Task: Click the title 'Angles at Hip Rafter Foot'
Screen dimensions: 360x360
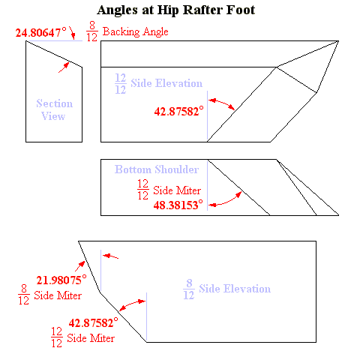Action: click(x=176, y=10)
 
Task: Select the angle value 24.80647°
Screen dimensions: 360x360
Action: click(x=41, y=32)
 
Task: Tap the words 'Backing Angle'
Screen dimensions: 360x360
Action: click(x=136, y=31)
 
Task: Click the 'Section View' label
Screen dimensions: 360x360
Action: click(x=54, y=109)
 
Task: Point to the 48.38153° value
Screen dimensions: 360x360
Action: click(x=178, y=205)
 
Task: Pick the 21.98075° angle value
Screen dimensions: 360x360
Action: click(x=61, y=280)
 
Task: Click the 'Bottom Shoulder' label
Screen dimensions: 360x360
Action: click(x=157, y=169)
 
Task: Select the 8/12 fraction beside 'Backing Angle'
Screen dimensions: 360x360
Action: click(x=92, y=31)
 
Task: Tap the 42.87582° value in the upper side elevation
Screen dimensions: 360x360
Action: click(x=179, y=111)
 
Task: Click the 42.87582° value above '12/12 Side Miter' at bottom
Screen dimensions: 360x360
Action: click(x=94, y=322)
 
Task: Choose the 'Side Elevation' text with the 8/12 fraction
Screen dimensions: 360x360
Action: click(x=235, y=289)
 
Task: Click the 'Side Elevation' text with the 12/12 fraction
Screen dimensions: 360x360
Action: click(x=166, y=83)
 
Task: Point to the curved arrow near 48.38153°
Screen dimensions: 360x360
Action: click(x=225, y=201)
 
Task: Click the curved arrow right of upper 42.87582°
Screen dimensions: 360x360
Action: click(x=222, y=103)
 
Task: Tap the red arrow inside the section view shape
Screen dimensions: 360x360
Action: click(x=64, y=67)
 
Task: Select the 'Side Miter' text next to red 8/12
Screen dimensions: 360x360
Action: click(x=58, y=295)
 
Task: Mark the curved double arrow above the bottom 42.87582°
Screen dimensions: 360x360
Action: click(x=131, y=304)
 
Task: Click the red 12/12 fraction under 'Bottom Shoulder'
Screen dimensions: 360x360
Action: click(x=143, y=190)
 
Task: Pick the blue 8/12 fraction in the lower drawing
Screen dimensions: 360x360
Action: click(x=189, y=289)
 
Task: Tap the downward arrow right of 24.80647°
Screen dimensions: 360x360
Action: click(x=72, y=33)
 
